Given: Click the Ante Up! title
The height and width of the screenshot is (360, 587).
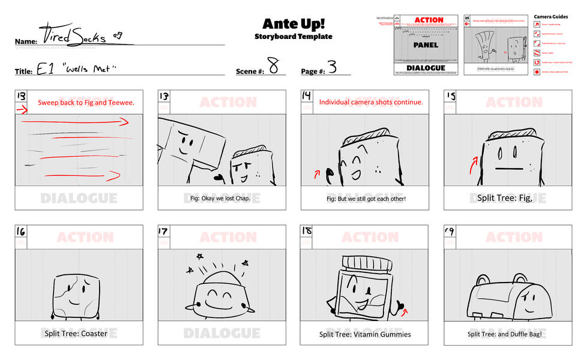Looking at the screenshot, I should click(293, 23).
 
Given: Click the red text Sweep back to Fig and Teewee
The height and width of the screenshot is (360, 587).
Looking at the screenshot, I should click(86, 103).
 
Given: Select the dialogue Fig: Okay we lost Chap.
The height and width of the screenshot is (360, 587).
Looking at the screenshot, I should click(221, 198).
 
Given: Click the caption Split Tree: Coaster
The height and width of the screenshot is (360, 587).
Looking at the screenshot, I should click(76, 334).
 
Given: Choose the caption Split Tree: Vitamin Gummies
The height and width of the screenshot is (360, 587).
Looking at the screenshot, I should click(365, 334).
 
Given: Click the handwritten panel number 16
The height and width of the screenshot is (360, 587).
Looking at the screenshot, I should click(21, 231).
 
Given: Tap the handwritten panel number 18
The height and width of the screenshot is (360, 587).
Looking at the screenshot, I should click(307, 231).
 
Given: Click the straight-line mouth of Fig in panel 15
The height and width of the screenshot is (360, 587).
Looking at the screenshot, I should click(507, 169).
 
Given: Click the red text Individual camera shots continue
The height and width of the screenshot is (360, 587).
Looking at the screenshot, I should click(371, 103).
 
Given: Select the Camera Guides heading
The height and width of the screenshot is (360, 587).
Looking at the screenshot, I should click(551, 17).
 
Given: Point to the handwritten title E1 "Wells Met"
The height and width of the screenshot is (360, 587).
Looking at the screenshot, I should click(76, 69).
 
